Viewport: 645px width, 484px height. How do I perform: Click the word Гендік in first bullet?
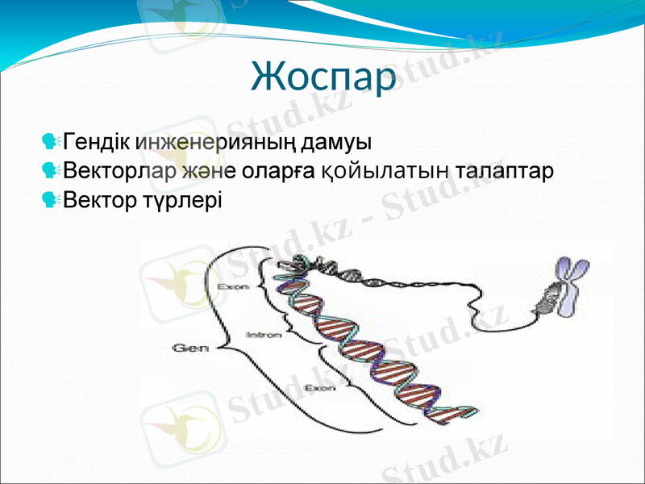(98, 143)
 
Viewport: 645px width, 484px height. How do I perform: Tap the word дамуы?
(338, 143)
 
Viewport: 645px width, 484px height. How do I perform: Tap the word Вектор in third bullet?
(98, 198)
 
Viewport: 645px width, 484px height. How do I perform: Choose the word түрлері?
(179, 198)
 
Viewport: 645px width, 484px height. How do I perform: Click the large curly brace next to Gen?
(219, 347)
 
